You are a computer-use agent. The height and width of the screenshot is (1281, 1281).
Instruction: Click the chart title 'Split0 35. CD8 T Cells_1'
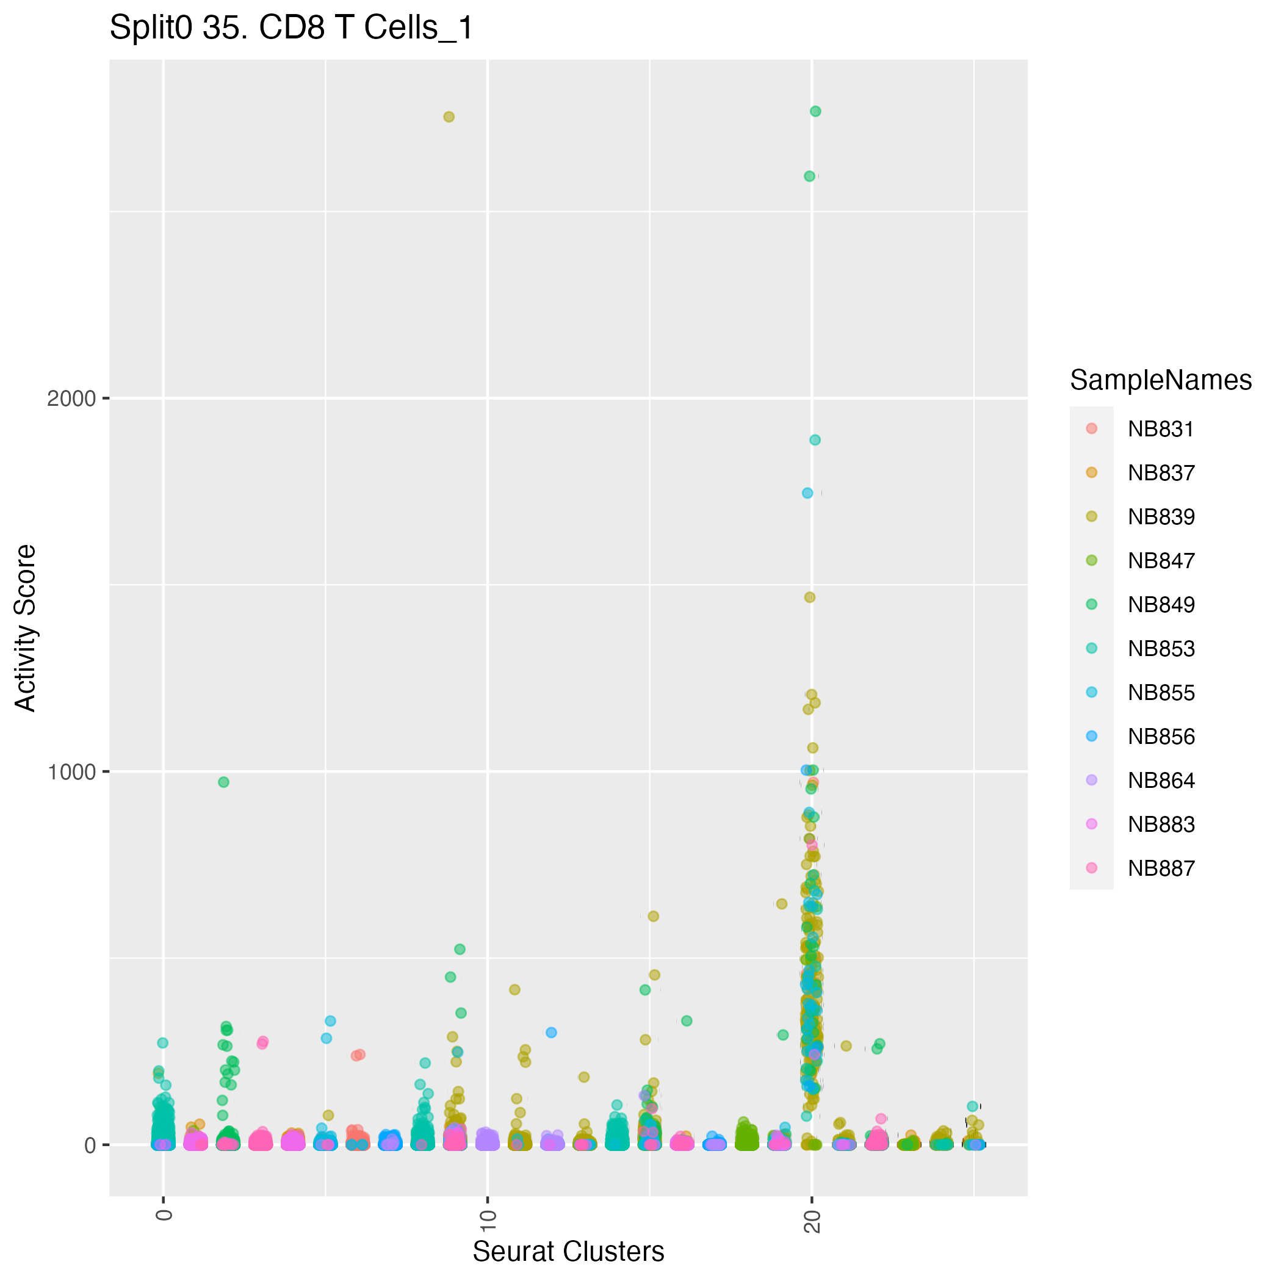coord(291,29)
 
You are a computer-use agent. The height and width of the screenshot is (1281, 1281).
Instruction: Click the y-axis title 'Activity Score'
coord(26,628)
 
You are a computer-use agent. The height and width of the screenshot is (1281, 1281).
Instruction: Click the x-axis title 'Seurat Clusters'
coord(568,1251)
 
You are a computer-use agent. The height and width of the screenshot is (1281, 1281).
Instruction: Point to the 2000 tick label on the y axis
coord(71,399)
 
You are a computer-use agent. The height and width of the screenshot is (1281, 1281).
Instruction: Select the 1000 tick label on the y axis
coord(71,772)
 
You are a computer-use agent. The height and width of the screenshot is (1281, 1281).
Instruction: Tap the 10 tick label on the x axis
coord(488,1221)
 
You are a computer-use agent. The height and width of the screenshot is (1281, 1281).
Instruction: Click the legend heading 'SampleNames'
coord(1161,380)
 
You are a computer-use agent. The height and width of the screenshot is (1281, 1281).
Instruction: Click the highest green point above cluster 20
coord(815,112)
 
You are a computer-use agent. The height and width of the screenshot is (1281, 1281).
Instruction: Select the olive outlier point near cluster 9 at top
coord(449,117)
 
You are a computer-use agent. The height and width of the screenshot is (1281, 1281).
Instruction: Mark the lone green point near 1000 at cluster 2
coord(224,782)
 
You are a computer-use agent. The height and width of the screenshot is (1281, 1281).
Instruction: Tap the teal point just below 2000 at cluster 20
coord(815,440)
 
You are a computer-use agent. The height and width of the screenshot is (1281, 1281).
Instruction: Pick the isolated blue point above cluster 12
coord(551,1033)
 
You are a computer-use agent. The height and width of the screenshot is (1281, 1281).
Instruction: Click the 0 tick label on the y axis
coord(91,1145)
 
